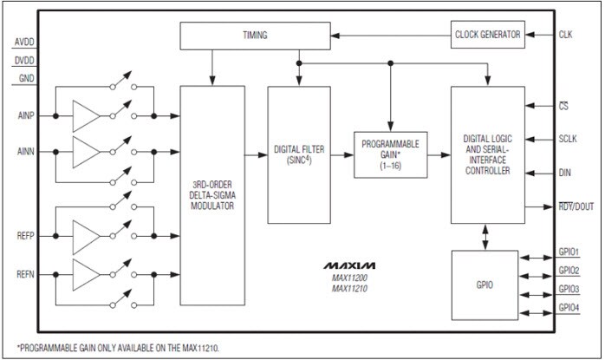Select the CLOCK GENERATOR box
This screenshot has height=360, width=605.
click(x=487, y=35)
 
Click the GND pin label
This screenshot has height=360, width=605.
click(x=26, y=80)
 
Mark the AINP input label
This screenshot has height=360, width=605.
click(x=26, y=115)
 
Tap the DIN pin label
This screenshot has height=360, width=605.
click(x=565, y=173)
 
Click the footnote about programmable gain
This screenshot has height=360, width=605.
click(x=113, y=347)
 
